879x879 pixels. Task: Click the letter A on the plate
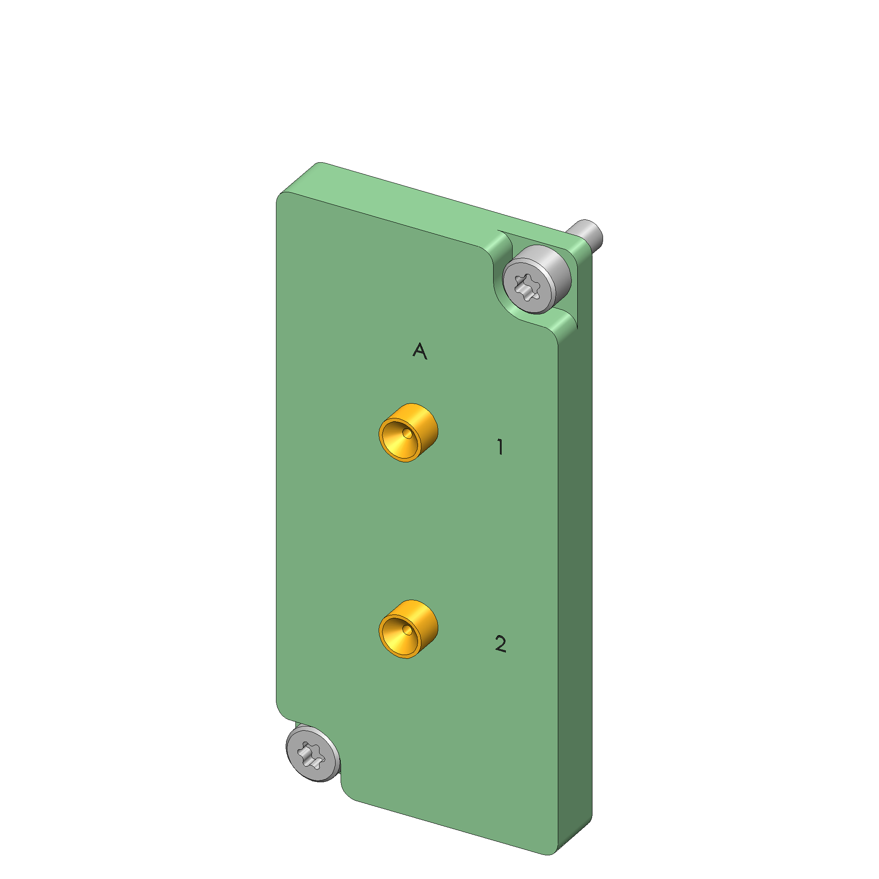coord(420,351)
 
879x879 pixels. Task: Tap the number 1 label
coord(500,447)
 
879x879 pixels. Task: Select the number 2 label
coord(500,644)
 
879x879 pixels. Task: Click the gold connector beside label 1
coord(408,432)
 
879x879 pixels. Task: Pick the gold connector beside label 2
coord(408,629)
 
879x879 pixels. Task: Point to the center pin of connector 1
coord(407,434)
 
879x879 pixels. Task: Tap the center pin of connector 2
coord(407,630)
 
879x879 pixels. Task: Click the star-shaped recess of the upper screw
coord(527,287)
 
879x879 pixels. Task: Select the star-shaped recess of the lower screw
coord(311,756)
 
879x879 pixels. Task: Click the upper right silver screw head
coord(536,279)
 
